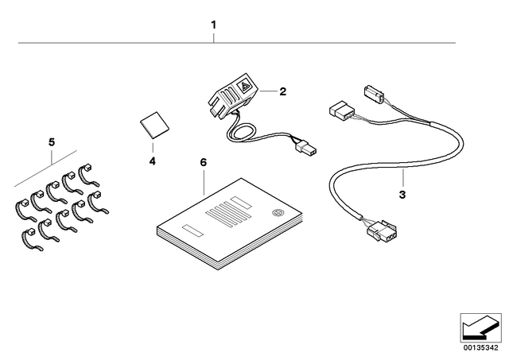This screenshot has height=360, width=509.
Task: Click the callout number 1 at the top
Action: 213,25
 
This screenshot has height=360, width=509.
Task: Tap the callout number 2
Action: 283,91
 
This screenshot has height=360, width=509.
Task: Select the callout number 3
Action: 402,195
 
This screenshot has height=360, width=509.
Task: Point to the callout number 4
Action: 152,161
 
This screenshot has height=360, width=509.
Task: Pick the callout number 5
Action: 52,142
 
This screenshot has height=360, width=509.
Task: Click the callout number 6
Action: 204,162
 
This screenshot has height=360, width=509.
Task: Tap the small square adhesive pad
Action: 154,125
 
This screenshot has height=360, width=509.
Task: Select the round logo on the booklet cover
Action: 278,213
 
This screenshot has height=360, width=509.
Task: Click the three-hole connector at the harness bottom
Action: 383,232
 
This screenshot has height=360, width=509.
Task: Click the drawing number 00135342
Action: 480,348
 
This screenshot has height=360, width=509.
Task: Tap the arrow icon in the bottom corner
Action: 480,328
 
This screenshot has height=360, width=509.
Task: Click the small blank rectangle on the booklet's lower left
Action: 192,230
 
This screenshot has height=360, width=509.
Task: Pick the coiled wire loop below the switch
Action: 241,132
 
